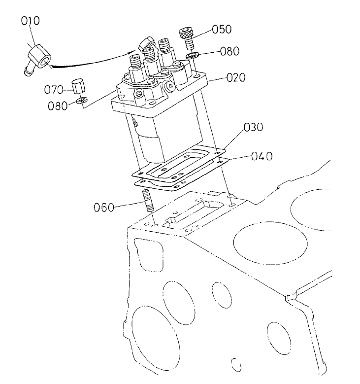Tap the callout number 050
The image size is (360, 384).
pos(222,29)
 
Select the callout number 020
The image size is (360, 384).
pos(236,77)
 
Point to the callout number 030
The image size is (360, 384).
pos(254,128)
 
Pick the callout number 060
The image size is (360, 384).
pos(103,207)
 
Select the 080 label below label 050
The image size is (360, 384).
pos(230,51)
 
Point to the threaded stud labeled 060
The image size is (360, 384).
pos(149,203)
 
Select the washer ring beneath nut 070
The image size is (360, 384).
pos(82,102)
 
